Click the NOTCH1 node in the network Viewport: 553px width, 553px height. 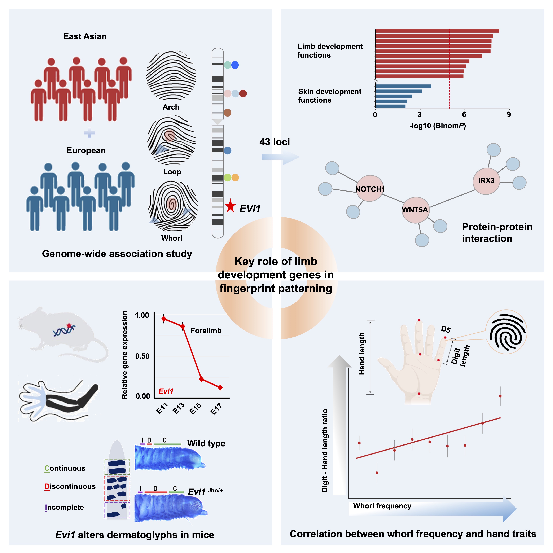pyautogui.click(x=369, y=189)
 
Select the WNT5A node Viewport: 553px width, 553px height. pyautogui.click(x=415, y=210)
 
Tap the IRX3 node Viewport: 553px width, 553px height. pyautogui.click(x=486, y=181)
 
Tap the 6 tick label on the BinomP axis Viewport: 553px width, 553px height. pyautogui.click(x=464, y=114)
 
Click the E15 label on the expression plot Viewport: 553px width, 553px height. pyautogui.click(x=196, y=409)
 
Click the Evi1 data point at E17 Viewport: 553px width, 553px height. pyautogui.click(x=220, y=388)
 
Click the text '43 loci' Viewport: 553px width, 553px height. pyautogui.click(x=275, y=142)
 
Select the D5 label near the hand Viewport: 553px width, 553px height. pyautogui.click(x=446, y=329)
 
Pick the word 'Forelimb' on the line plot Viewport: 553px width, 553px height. pyautogui.click(x=206, y=331)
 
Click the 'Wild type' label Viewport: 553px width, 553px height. pyautogui.click(x=206, y=443)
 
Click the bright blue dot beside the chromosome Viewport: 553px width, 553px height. pyautogui.click(x=235, y=65)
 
